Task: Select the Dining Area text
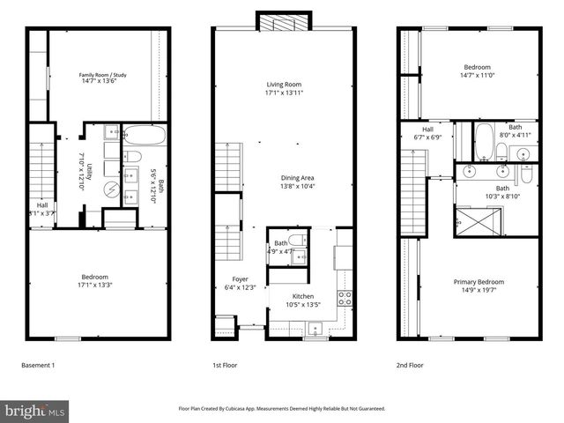coord(297,178)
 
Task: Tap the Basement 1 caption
coord(38,364)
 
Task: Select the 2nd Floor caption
coord(410,364)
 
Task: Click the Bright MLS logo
coord(35,410)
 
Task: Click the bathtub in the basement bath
coord(138,136)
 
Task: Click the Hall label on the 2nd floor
coord(427,130)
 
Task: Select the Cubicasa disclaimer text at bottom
coord(282,409)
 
